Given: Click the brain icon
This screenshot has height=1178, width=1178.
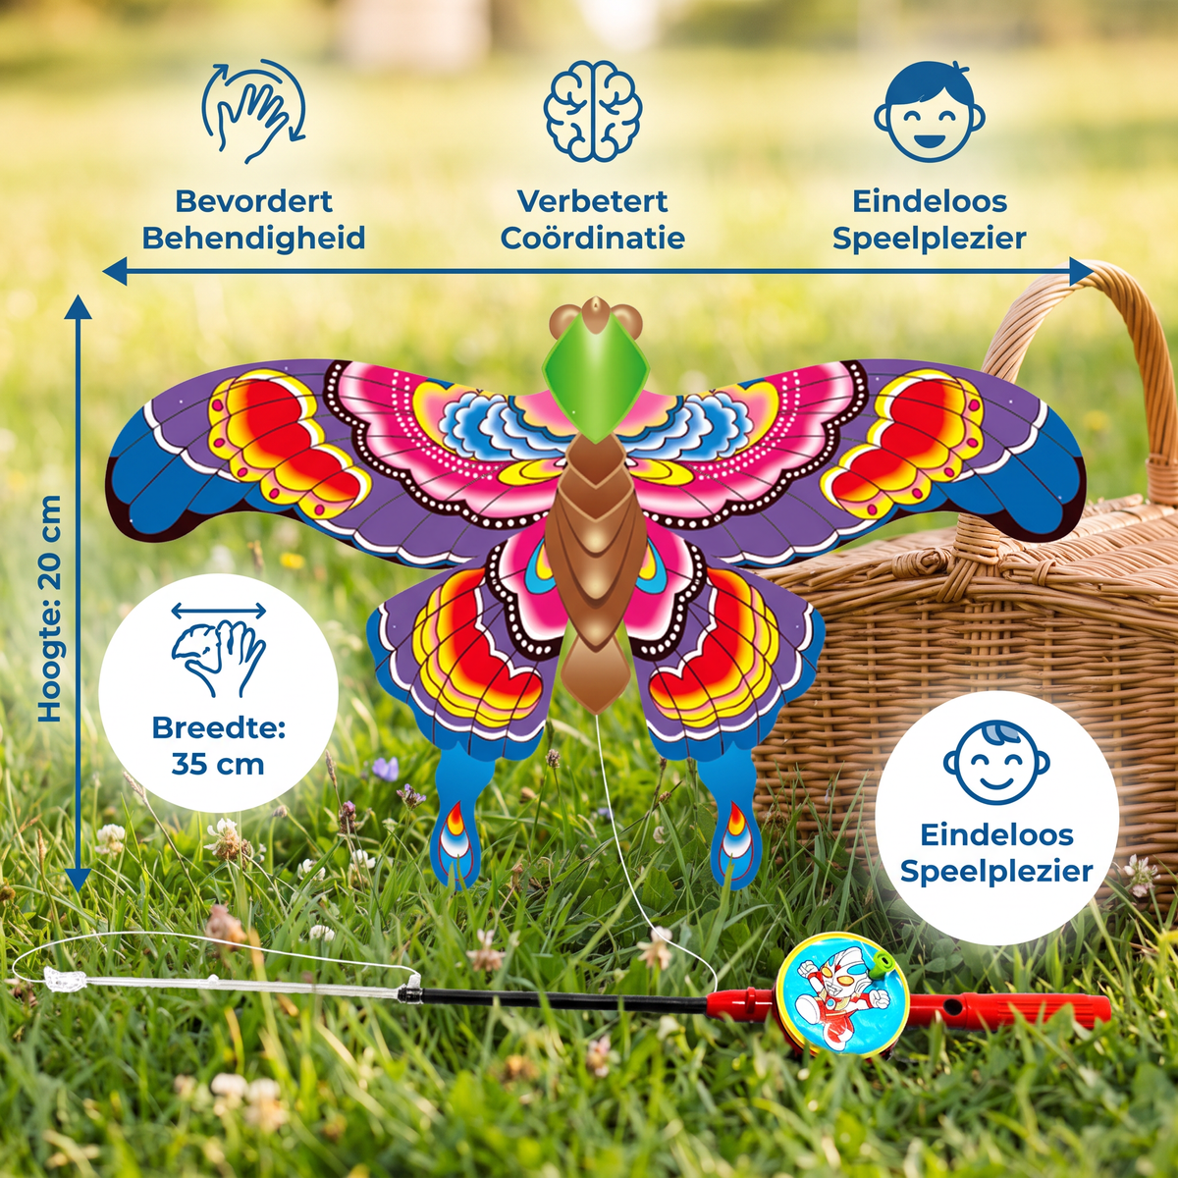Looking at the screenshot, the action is pyautogui.click(x=592, y=111).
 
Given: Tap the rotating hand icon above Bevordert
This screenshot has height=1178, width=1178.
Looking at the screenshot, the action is pyautogui.click(x=253, y=111).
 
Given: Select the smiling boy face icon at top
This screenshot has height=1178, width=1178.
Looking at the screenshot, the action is pyautogui.click(x=930, y=110).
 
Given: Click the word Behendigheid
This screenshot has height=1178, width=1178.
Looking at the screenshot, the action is pyautogui.click(x=253, y=238).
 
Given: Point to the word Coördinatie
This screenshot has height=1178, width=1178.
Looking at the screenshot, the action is pyautogui.click(x=592, y=238).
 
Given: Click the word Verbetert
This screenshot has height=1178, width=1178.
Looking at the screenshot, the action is pyautogui.click(x=592, y=201).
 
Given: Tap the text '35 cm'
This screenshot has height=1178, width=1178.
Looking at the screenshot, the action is pyautogui.click(x=218, y=764).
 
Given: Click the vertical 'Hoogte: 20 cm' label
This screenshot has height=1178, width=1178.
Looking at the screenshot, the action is pyautogui.click(x=50, y=609).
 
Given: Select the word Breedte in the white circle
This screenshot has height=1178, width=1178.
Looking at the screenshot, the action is pyautogui.click(x=218, y=727).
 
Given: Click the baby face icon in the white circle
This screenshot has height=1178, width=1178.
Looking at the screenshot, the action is pyautogui.click(x=995, y=764).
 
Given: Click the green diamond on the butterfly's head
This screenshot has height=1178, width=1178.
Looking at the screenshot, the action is pyautogui.click(x=596, y=384).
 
